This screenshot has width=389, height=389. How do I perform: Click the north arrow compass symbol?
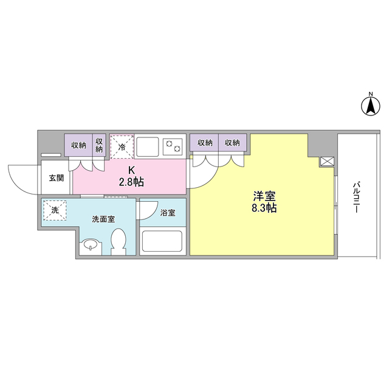pyautogui.click(x=370, y=106)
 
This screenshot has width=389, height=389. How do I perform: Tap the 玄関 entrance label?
pyautogui.click(x=56, y=178)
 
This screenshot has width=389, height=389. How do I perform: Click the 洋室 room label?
pyautogui.click(x=264, y=196)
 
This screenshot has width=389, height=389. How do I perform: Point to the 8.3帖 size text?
pyautogui.click(x=264, y=208)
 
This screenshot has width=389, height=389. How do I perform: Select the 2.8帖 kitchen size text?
pyautogui.click(x=131, y=181)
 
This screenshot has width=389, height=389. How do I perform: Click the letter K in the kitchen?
pyautogui.click(x=131, y=170)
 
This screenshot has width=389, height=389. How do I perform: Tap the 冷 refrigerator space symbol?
pyautogui.click(x=122, y=146)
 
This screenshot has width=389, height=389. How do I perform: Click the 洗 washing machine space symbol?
pyautogui.click(x=55, y=210)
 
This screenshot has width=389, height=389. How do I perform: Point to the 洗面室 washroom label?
pyautogui.click(x=103, y=219)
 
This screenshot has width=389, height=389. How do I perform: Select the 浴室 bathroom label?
pyautogui.click(x=168, y=213)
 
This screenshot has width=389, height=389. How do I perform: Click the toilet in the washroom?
pyautogui.click(x=119, y=241)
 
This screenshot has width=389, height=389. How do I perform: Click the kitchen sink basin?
pyautogui.click(x=147, y=146)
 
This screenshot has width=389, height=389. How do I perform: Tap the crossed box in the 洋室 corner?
pyautogui.click(x=327, y=162)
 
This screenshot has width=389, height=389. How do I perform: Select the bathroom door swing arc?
pyautogui.click(x=147, y=210)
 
